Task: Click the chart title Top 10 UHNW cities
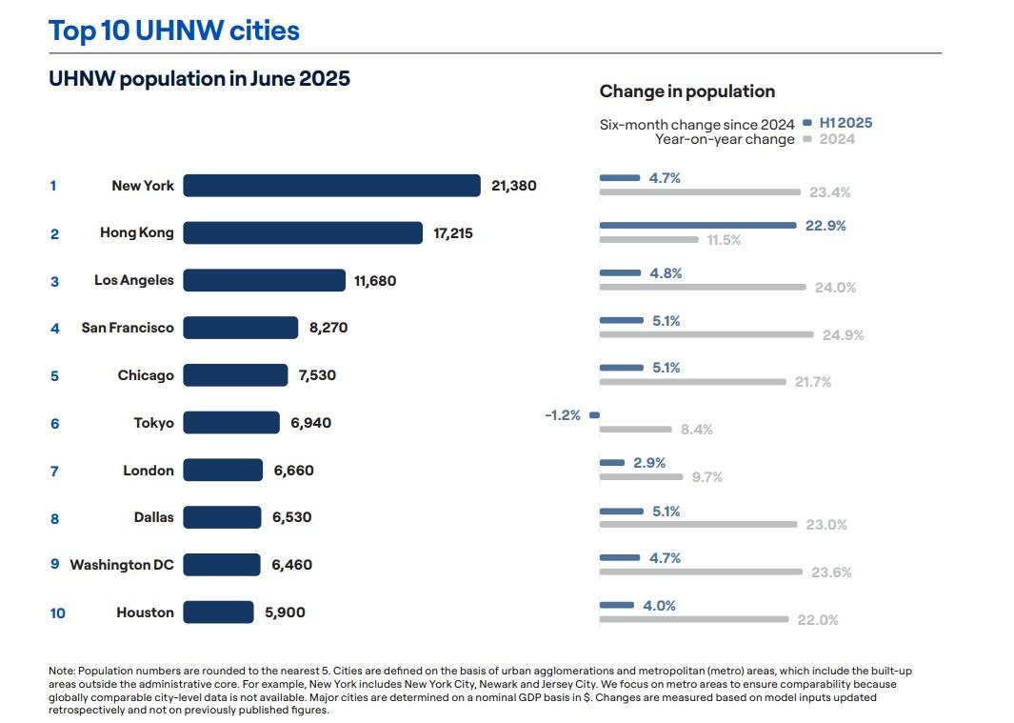[x=173, y=30]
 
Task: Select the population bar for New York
[x=331, y=186]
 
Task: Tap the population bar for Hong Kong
[x=303, y=233]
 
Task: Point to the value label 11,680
[x=375, y=281]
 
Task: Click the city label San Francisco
[x=128, y=328]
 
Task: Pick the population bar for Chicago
[x=235, y=375]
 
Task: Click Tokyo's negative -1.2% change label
[x=563, y=415]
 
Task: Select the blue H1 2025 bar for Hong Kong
[x=698, y=226]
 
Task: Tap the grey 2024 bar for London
[x=641, y=476]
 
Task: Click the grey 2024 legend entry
[x=836, y=139]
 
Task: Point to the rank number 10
[x=58, y=613]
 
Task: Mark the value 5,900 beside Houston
[x=285, y=613]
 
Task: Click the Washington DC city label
[x=122, y=565]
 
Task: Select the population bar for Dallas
[x=222, y=517]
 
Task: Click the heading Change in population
[x=686, y=91]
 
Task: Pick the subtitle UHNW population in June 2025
[x=199, y=79]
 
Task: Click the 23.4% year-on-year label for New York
[x=829, y=192]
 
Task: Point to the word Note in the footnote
[x=61, y=672]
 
